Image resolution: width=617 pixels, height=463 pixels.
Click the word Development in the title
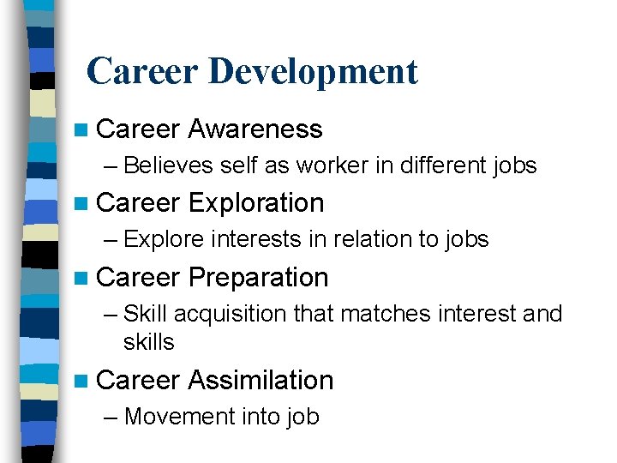[313, 71]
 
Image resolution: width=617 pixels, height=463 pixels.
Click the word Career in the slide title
[142, 71]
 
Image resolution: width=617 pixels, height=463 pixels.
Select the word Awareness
[255, 129]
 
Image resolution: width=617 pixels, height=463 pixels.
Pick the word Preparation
[258, 278]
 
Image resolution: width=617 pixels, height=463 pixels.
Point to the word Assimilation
[261, 380]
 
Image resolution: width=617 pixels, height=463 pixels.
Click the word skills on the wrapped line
[148, 342]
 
